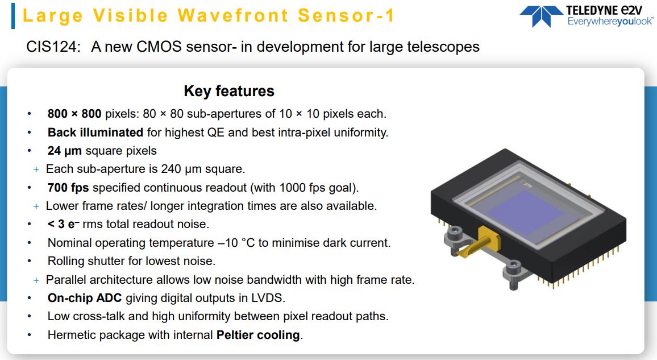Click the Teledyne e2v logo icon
click(540, 15)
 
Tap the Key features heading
click(229, 91)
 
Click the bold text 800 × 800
click(74, 114)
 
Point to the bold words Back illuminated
click(95, 133)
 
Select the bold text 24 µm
click(65, 151)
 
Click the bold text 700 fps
click(68, 188)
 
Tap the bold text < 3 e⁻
click(63, 224)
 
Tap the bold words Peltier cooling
click(258, 335)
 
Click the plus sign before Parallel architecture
click(36, 280)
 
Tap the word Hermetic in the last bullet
click(72, 335)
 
